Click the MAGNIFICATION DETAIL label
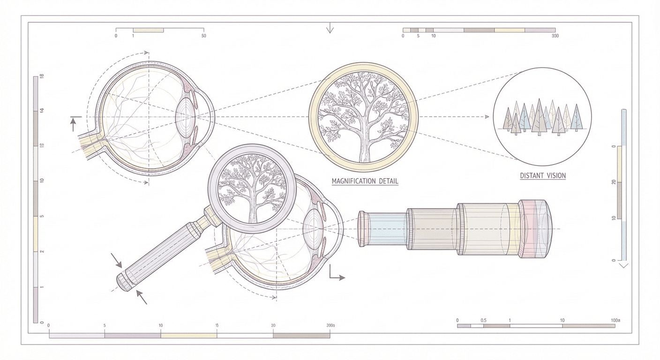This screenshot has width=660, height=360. (365, 181)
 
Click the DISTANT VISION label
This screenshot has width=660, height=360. (543, 176)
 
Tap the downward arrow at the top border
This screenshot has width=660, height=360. (330, 29)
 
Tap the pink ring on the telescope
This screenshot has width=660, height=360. (527, 229)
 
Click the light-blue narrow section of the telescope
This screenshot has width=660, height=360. (387, 229)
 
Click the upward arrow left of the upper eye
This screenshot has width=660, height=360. (73, 123)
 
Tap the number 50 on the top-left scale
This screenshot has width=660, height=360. (202, 36)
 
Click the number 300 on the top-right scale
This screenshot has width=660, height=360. (555, 36)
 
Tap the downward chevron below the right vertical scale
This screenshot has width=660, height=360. (623, 265)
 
